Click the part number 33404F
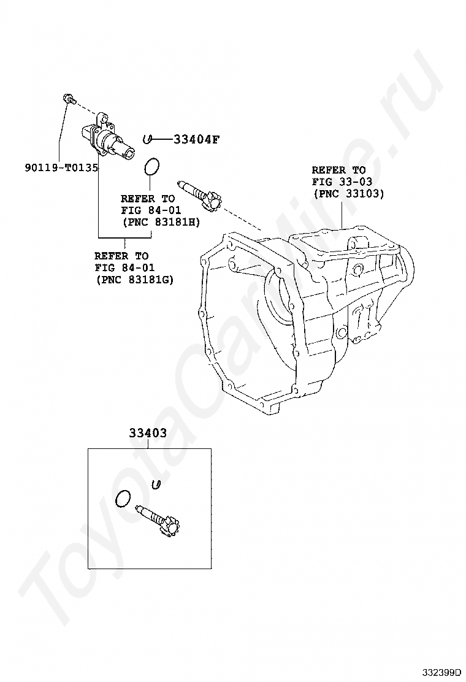pyautogui.click(x=196, y=139)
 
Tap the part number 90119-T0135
pyautogui.click(x=62, y=167)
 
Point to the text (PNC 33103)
pyautogui.click(x=348, y=193)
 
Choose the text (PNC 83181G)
pyautogui.click(x=134, y=279)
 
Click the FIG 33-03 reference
pyautogui.click(x=342, y=182)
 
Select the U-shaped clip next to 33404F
pyautogui.click(x=147, y=139)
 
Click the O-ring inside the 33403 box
pyautogui.click(x=123, y=499)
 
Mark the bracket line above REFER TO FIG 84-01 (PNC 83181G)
pyautogui.click(x=123, y=238)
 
